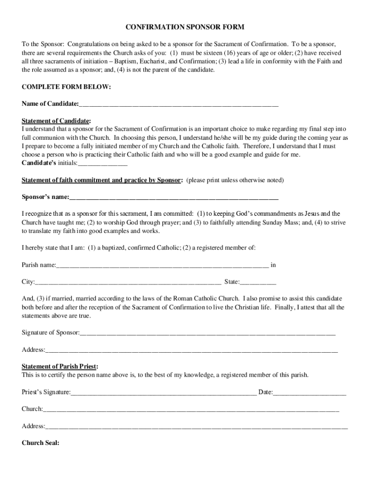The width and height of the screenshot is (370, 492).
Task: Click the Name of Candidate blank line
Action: tap(179, 105)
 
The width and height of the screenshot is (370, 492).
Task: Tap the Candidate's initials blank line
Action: tap(102, 164)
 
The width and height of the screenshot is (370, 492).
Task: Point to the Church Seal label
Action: tap(40, 443)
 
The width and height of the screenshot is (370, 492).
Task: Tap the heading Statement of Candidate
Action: tap(56, 121)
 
